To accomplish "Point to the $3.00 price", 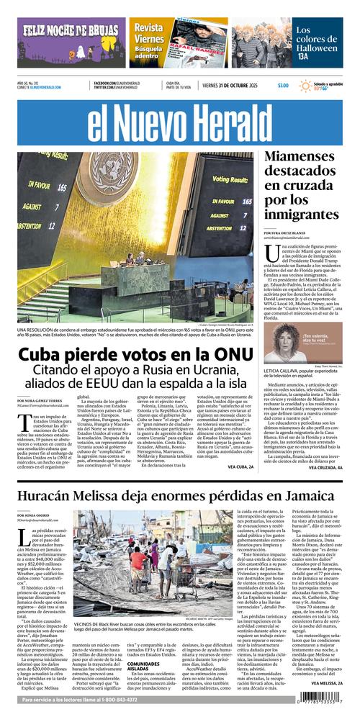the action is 283,86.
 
